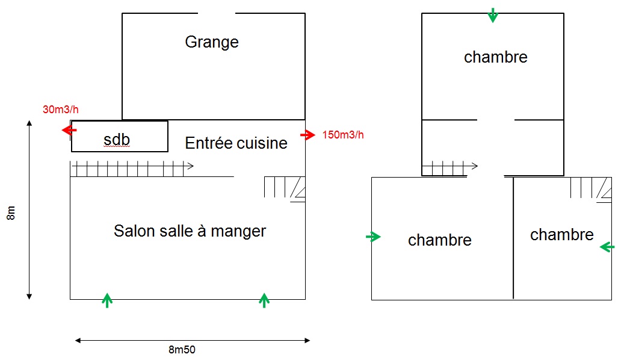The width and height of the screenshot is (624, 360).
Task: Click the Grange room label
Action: (212, 42)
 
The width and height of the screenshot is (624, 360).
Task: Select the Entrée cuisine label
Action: (236, 143)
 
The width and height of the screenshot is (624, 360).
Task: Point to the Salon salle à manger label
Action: (190, 231)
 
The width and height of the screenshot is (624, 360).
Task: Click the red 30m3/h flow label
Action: (61, 110)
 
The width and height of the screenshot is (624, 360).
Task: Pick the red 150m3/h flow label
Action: (343, 135)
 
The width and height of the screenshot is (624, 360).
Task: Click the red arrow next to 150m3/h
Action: (307, 135)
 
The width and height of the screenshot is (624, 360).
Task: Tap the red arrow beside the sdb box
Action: (69, 130)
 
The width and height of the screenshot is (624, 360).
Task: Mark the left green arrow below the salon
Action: (107, 300)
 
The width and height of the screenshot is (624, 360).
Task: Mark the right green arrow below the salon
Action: (264, 300)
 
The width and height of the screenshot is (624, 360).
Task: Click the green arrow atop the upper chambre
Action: (493, 15)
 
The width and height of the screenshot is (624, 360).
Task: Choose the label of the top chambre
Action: (496, 57)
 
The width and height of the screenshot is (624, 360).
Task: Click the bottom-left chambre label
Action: (440, 240)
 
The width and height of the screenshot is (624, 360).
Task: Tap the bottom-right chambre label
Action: (561, 235)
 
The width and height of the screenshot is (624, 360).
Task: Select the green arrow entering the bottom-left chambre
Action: (374, 237)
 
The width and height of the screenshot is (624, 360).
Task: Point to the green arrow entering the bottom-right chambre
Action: (607, 246)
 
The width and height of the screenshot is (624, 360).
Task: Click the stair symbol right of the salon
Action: (284, 188)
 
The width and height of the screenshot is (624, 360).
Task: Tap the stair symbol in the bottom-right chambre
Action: (591, 188)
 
